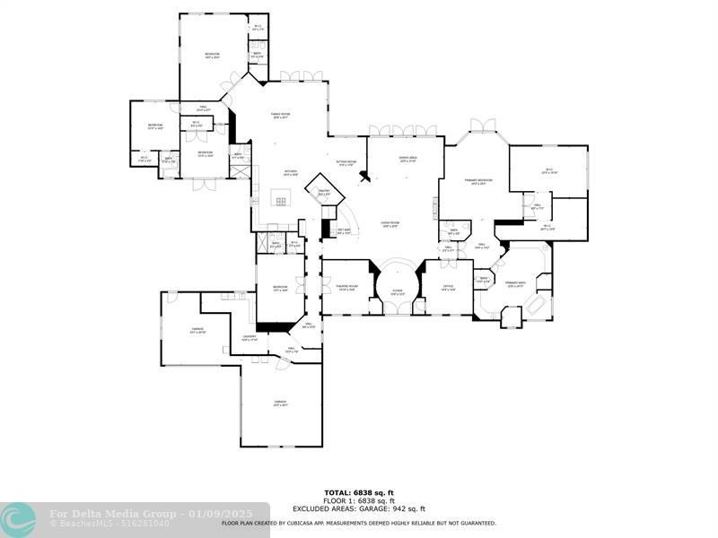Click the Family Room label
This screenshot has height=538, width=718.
pyautogui.click(x=281, y=115)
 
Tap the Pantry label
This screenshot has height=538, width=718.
pyautogui.click(x=324, y=191)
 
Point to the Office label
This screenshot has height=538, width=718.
pyautogui.click(x=448, y=288)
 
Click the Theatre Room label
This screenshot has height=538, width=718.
pyautogui.click(x=347, y=288)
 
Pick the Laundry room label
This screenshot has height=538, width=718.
pyautogui.click(x=250, y=338)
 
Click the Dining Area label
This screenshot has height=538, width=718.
pyautogui.click(x=410, y=160)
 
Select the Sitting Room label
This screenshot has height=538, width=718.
pyautogui.click(x=348, y=163)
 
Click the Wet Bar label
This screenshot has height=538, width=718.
pyautogui.click(x=344, y=230)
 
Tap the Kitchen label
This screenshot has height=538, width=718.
pyautogui.click(x=291, y=173)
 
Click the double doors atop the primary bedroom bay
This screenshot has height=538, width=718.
pyautogui.click(x=483, y=125)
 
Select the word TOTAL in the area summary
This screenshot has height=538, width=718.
pyautogui.click(x=337, y=492)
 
